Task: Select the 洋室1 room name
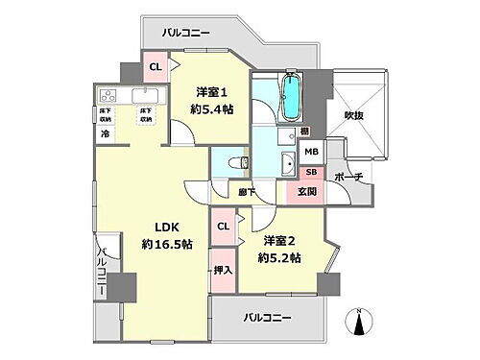211,91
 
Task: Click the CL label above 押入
222,226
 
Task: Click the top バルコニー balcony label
191,31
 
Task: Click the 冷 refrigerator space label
104,133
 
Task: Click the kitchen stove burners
108,96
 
